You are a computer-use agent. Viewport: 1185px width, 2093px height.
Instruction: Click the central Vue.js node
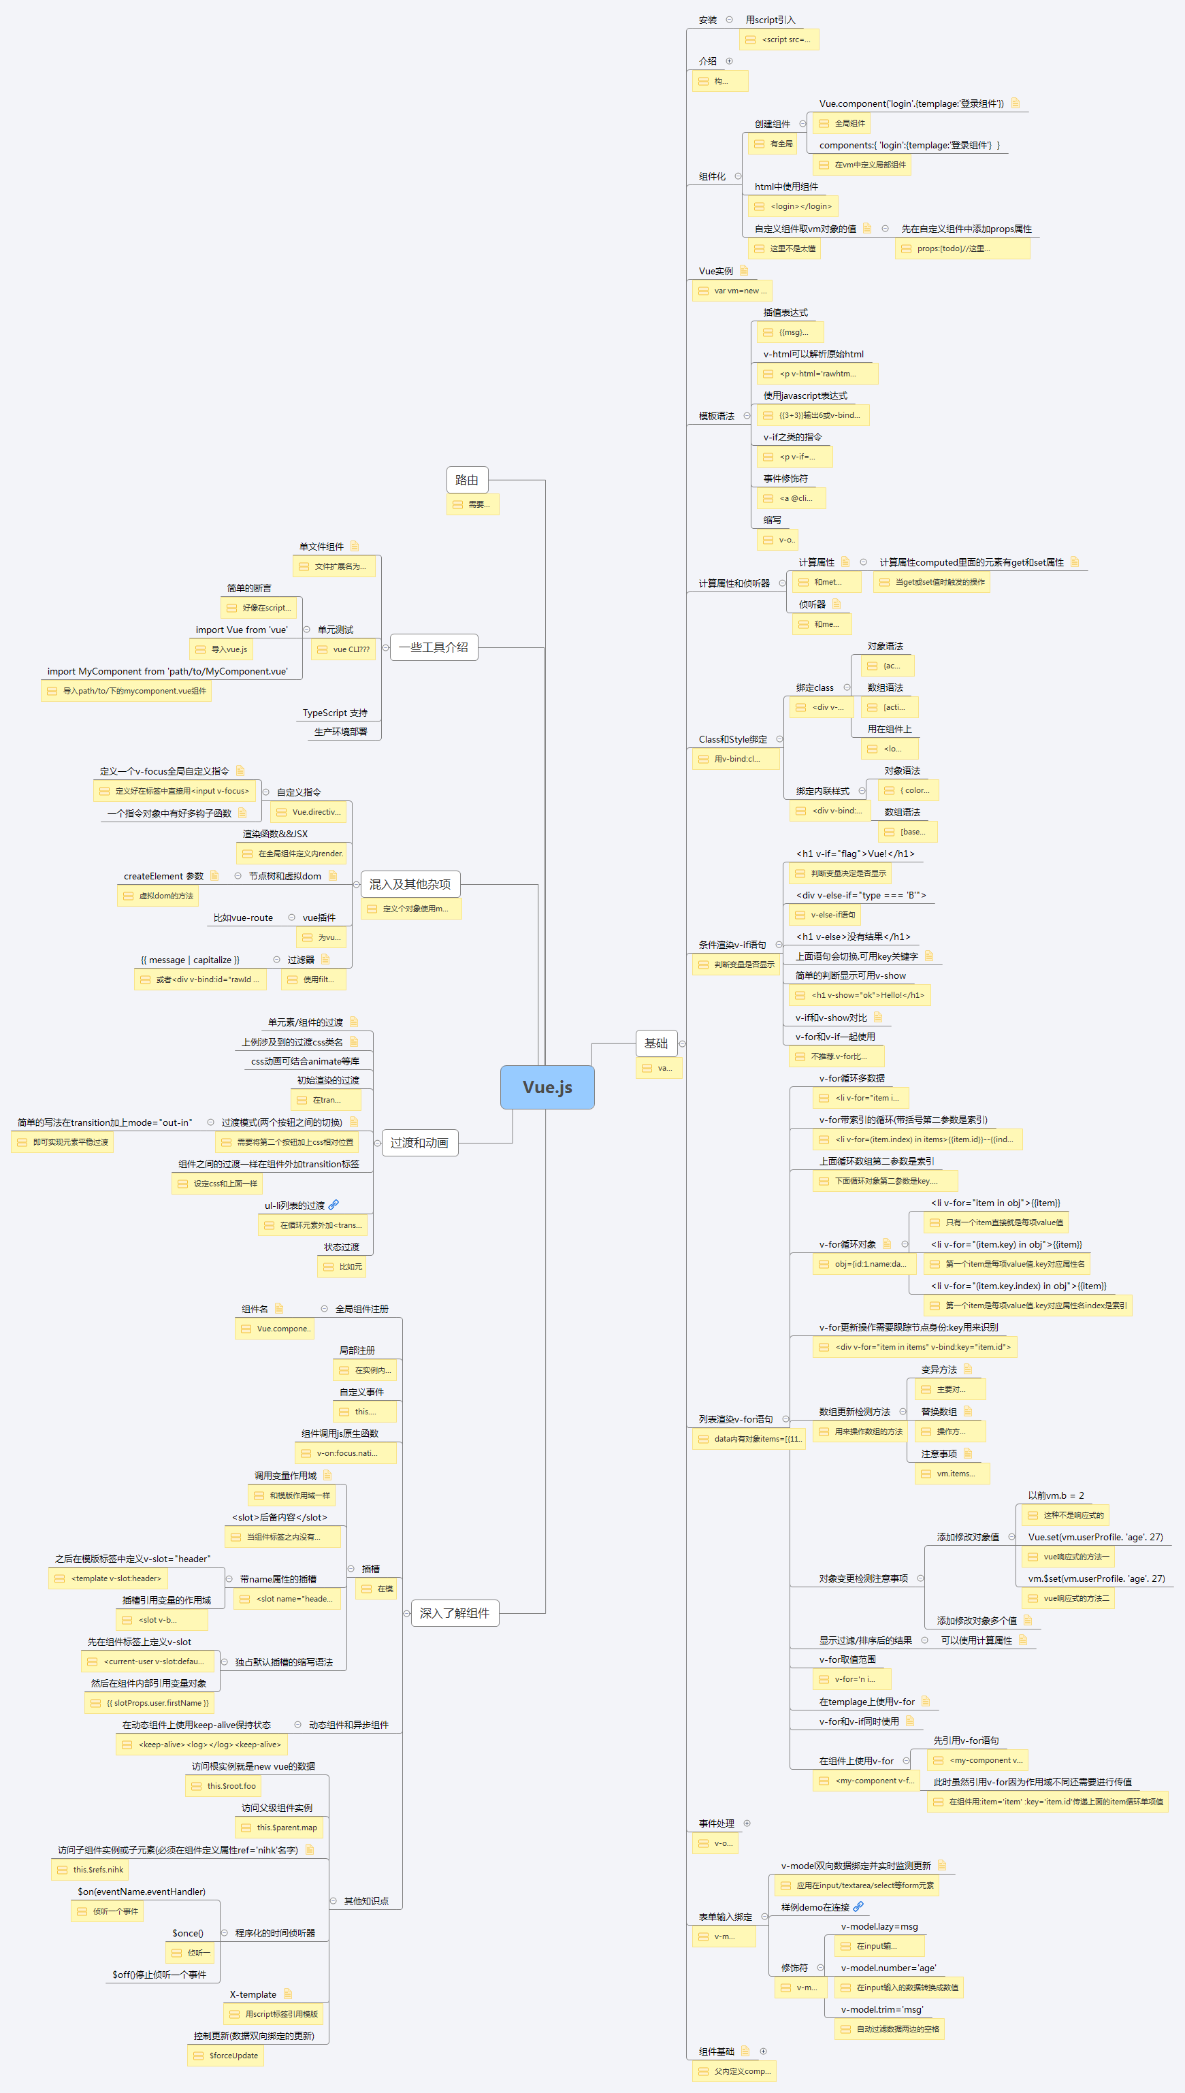547,1087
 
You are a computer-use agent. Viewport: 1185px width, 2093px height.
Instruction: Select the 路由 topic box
467,480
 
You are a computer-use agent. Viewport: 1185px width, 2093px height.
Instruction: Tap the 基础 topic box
656,1043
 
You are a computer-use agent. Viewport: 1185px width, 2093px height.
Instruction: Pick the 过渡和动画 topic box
419,1143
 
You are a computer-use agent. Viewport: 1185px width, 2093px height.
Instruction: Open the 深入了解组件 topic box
454,1613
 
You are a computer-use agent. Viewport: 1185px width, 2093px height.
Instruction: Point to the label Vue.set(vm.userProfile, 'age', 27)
1094,1537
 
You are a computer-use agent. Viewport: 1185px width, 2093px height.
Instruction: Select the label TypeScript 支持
334,713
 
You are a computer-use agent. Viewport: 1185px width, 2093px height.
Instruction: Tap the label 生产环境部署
340,732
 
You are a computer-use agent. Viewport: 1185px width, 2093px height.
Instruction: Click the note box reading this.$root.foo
224,1786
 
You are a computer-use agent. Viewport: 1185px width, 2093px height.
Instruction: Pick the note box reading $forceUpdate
225,2056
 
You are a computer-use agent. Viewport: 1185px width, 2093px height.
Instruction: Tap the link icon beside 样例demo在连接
858,1907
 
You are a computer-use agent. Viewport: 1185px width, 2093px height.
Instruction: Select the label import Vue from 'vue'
241,630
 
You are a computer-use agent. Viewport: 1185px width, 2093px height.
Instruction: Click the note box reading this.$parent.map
279,1828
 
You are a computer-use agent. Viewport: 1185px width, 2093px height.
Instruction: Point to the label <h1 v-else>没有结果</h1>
853,937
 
